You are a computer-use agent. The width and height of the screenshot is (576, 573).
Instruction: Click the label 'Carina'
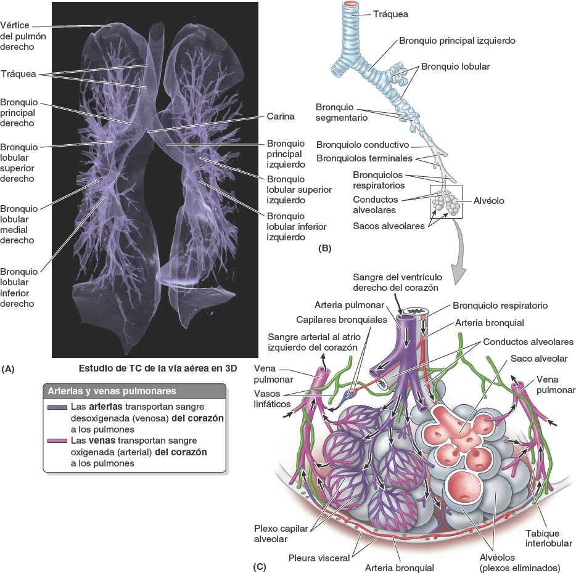(x=281, y=116)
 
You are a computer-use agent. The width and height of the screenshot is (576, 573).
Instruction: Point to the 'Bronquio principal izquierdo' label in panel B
(x=457, y=40)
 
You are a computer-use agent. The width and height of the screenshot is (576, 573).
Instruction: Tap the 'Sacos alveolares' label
(x=389, y=226)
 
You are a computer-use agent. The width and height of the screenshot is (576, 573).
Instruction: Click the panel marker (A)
(x=9, y=369)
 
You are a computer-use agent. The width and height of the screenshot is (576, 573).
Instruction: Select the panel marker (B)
(x=324, y=249)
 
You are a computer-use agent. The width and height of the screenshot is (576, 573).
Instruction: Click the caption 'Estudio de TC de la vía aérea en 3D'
(x=158, y=369)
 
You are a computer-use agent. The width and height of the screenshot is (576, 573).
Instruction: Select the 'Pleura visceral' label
(x=319, y=558)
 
